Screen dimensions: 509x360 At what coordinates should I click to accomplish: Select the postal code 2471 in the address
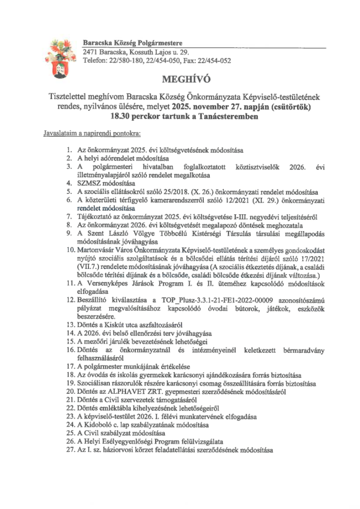[90, 52]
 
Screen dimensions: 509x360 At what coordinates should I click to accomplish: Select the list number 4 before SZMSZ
[69, 183]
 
